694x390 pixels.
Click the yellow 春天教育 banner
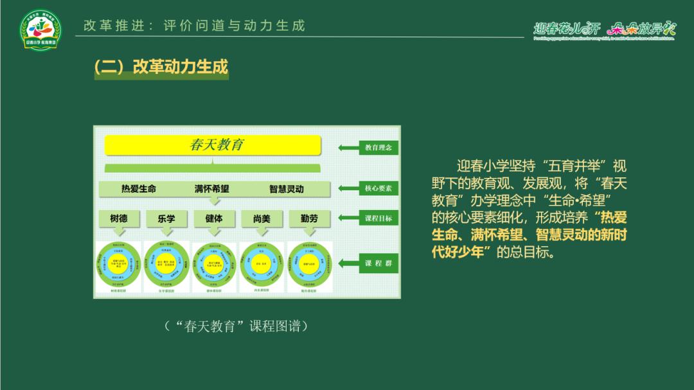[213, 145]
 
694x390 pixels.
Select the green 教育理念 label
[378, 148]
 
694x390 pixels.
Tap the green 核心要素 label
[378, 188]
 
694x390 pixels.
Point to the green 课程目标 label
[378, 218]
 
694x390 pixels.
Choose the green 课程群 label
[378, 263]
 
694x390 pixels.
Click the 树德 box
[118, 218]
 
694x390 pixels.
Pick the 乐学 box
[166, 218]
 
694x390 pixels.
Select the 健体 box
[214, 218]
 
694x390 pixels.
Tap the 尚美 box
[262, 218]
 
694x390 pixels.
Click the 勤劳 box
[309, 218]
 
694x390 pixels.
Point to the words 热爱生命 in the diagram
[139, 189]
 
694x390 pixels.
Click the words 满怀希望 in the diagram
[212, 189]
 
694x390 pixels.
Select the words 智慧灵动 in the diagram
[287, 189]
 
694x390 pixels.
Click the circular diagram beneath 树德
[118, 264]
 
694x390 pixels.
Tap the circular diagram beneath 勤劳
[309, 264]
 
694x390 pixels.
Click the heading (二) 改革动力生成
[161, 67]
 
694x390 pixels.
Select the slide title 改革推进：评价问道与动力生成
[195, 26]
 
